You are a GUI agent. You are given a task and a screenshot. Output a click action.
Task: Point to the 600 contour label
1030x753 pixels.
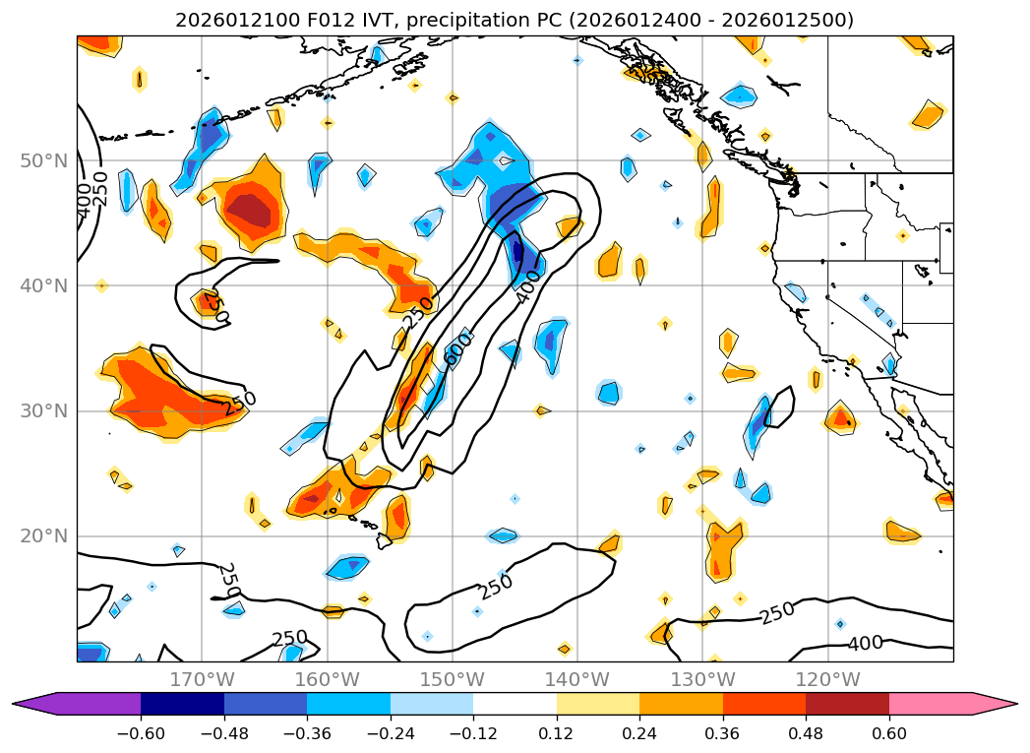[x=456, y=349]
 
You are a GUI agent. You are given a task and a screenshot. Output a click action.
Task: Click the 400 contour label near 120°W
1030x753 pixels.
[x=865, y=644]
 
